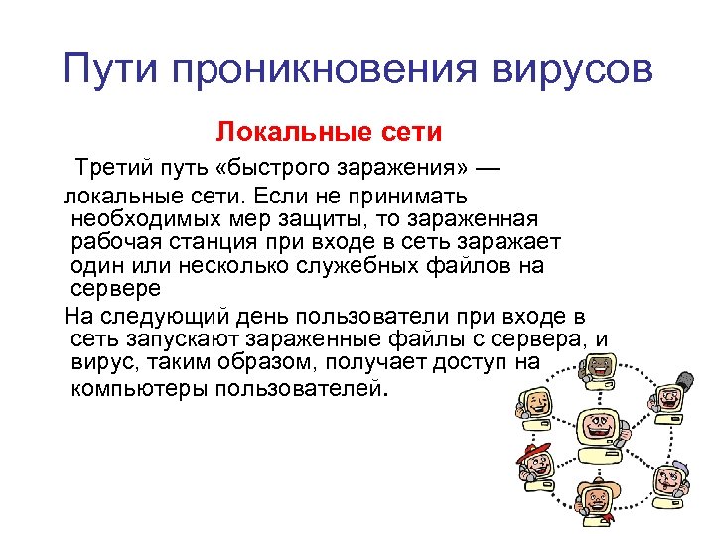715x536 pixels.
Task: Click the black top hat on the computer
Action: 683,379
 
